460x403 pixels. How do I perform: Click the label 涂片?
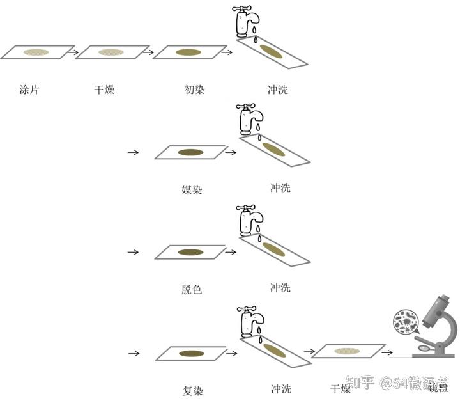pos(29,90)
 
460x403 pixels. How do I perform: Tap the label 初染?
pos(194,90)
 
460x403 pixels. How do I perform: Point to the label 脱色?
pos(192,289)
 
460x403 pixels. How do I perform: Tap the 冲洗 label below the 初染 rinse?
pos(278,90)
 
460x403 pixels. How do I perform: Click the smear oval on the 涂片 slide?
pos(36,52)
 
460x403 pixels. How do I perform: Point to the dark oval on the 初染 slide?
pos(189,52)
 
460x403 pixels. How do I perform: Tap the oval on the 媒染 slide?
pos(190,152)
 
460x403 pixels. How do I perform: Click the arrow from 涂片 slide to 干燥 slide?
pos(72,52)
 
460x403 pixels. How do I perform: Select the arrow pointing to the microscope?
pos(386,351)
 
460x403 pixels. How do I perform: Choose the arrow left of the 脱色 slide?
pos(133,252)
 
